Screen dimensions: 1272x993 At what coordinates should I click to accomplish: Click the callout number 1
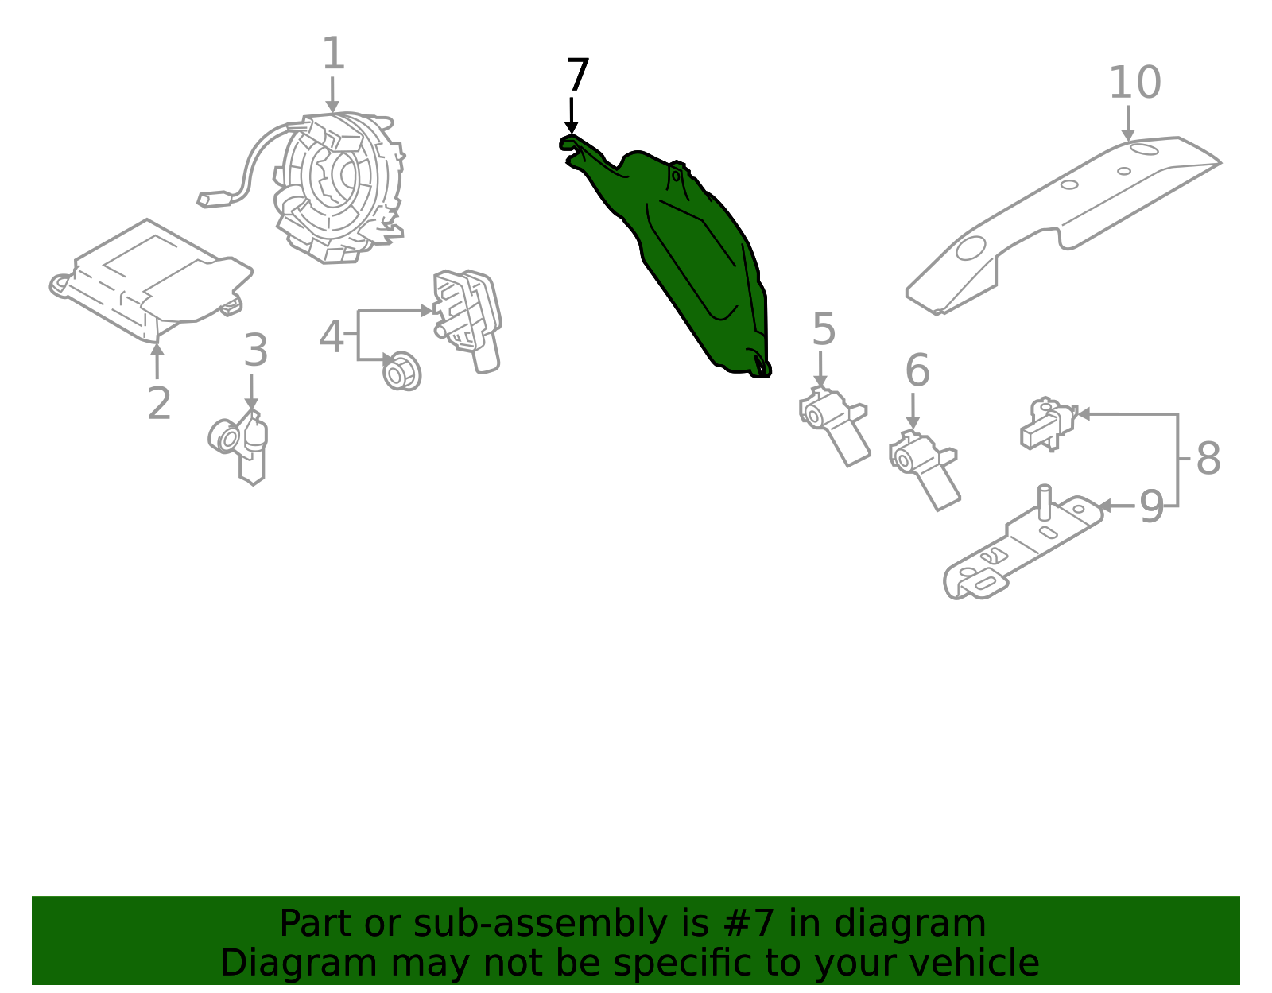(x=334, y=54)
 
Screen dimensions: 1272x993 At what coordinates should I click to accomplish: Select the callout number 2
(x=159, y=403)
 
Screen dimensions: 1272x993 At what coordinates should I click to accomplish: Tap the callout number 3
(x=256, y=350)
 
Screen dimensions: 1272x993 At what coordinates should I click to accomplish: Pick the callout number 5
(x=824, y=329)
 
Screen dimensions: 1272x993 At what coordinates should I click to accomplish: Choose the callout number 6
(x=917, y=370)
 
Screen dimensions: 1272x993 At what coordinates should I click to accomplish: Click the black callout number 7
(x=577, y=74)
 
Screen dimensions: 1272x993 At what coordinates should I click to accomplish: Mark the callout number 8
(x=1208, y=458)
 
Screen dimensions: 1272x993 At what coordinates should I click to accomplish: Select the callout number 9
(x=1151, y=506)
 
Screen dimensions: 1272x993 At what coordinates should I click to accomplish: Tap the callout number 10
(x=1135, y=83)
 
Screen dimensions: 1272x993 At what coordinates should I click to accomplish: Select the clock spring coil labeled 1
(x=336, y=188)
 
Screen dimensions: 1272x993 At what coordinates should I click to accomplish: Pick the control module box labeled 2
(x=151, y=281)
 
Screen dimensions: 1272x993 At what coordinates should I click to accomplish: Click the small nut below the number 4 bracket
(x=401, y=371)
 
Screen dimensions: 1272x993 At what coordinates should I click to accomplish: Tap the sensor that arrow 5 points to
(x=834, y=426)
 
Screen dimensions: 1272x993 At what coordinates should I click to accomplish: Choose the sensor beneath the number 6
(x=924, y=469)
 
